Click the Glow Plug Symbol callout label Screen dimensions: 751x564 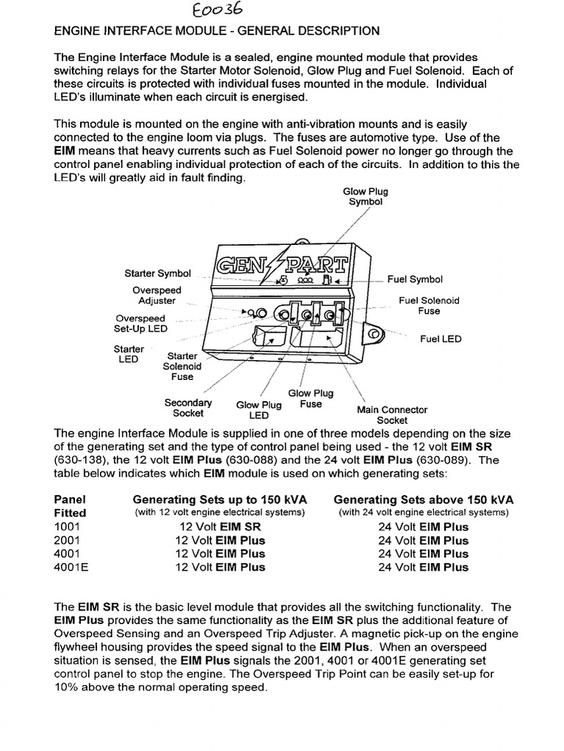[x=365, y=197]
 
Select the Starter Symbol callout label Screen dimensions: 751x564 [x=157, y=274]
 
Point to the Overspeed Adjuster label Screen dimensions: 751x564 [x=157, y=295]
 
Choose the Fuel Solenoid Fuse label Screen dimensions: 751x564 [x=429, y=306]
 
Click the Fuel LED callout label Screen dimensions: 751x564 [x=441, y=340]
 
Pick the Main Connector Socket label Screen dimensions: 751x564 [x=391, y=415]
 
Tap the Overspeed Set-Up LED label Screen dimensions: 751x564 [x=140, y=323]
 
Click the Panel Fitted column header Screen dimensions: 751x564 [x=70, y=506]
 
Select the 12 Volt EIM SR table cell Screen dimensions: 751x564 [x=220, y=527]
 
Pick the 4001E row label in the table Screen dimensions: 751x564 [x=71, y=567]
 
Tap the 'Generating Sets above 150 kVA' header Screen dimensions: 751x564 [x=423, y=499]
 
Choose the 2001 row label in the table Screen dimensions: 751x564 [x=68, y=540]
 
